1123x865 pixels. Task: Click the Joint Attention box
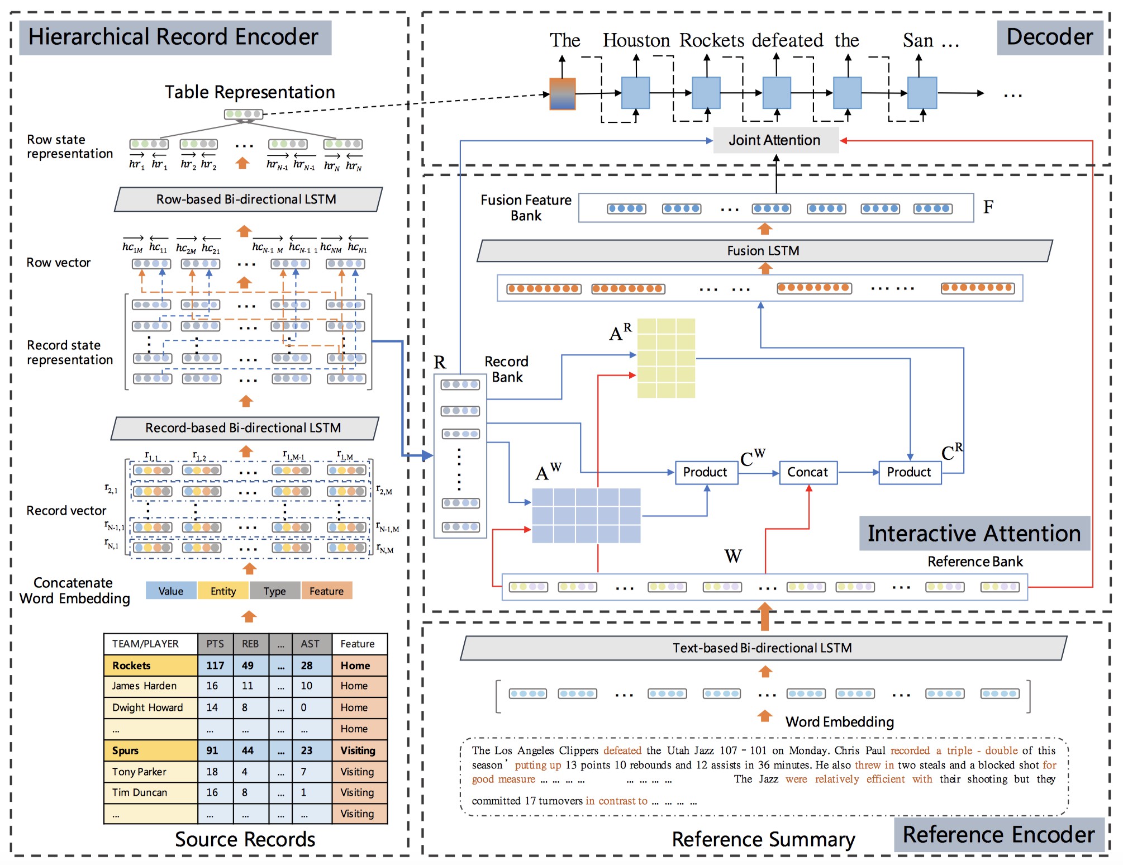click(775, 140)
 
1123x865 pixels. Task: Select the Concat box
click(807, 472)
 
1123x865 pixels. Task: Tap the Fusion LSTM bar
click(763, 251)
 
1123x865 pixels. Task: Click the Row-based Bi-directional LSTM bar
click(247, 199)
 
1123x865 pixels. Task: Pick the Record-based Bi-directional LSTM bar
click(244, 428)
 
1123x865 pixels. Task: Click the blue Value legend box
click(171, 591)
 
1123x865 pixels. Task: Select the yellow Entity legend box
click(223, 591)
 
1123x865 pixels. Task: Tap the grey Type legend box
click(274, 591)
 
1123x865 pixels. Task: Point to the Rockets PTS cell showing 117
click(215, 666)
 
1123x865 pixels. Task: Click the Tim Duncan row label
click(140, 792)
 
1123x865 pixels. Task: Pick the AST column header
click(310, 644)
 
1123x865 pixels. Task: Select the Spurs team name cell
click(126, 750)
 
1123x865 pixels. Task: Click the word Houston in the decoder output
click(636, 40)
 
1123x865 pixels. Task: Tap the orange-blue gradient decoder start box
click(562, 93)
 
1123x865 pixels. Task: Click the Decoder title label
click(1049, 37)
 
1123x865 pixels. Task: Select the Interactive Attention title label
click(974, 534)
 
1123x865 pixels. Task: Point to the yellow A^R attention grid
click(666, 358)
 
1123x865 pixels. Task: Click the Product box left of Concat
click(706, 472)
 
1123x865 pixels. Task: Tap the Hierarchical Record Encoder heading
click(174, 37)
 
